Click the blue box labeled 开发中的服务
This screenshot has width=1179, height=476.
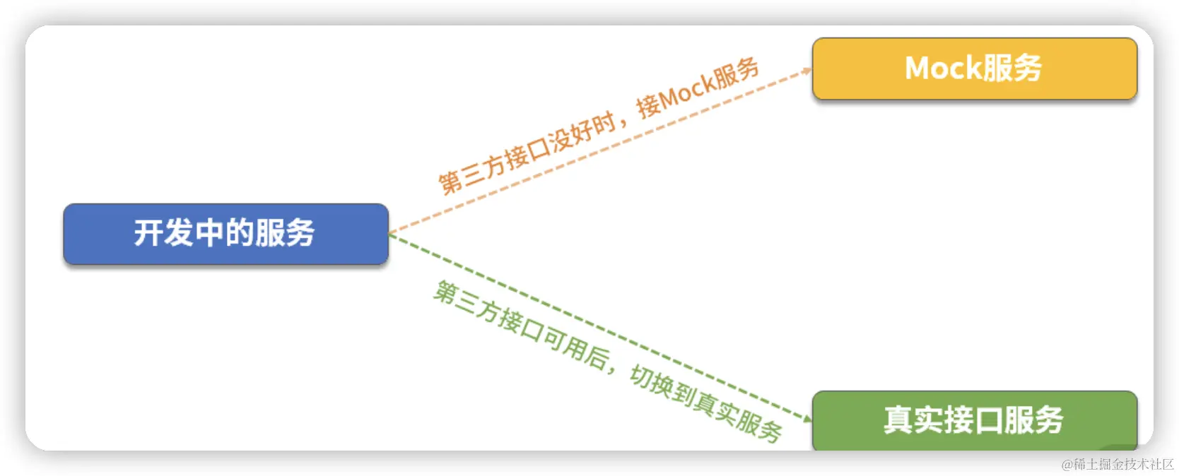[x=225, y=234]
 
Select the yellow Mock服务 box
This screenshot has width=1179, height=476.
[x=974, y=69]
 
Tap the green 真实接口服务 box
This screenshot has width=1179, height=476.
[x=974, y=420]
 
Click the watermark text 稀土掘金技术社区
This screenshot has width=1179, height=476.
[x=1123, y=464]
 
